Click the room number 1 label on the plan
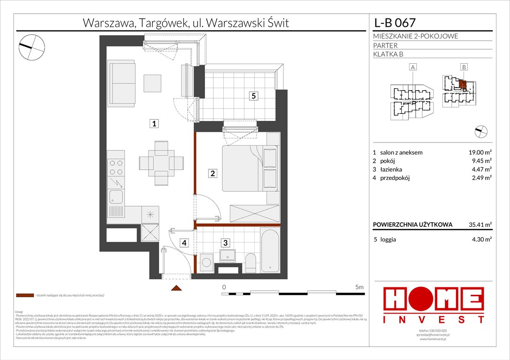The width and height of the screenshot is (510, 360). [x=153, y=124]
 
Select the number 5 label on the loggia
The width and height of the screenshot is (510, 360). [x=253, y=96]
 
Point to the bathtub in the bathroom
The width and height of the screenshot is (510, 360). [x=270, y=251]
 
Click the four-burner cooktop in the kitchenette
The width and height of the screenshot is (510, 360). [x=116, y=167]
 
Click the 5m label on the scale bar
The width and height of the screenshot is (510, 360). [x=360, y=286]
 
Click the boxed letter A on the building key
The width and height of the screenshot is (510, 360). [x=412, y=67]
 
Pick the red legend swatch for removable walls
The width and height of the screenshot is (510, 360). [x=25, y=296]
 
